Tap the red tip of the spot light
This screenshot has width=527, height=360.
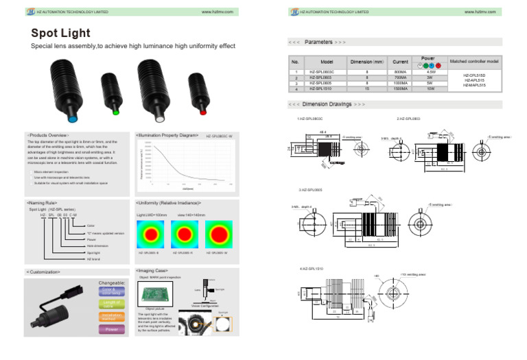coord(202,109)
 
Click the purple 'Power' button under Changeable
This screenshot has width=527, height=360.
coord(111,329)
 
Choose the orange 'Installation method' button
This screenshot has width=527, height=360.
coord(111,316)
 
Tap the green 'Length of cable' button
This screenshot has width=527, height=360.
coord(111,302)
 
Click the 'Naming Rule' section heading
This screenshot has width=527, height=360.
coord(43,203)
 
